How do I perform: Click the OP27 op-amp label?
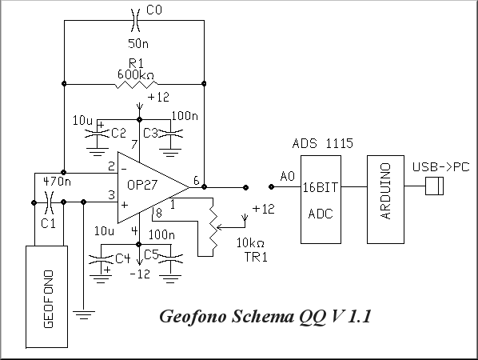pos(142,185)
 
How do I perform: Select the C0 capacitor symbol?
pos(135,21)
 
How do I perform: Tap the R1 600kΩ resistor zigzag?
pos(136,84)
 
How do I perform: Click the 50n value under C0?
pos(138,44)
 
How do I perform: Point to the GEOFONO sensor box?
pos(46,297)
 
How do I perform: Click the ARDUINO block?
pos(385,199)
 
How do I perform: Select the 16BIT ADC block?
pos(321,199)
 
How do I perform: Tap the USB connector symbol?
pos(434,186)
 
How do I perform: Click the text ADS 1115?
pos(322,143)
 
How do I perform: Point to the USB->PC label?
pos(440,167)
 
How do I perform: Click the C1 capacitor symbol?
pos(49,202)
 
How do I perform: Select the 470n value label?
pos(57,182)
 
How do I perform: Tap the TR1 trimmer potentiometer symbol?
pos(213,227)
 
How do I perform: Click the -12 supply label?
pos(140,274)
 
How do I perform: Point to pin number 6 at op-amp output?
pos(197,181)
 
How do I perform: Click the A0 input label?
pos(288,176)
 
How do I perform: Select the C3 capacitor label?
pos(150,134)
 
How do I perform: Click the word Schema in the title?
pos(263,316)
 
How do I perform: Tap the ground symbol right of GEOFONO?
pos(84,315)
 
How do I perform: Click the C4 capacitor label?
pos(123,259)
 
